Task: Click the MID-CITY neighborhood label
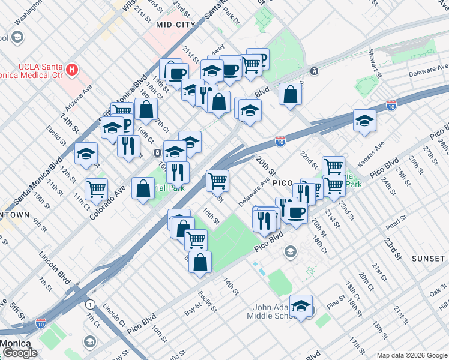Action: click(x=176, y=25)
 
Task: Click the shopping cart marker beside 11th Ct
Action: click(x=96, y=189)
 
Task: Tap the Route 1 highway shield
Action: click(x=90, y=304)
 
